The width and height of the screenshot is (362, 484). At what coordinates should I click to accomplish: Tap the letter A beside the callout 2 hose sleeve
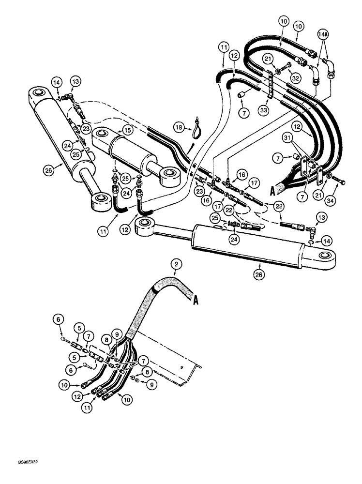coord(196,300)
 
